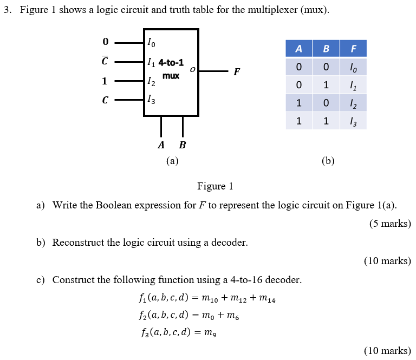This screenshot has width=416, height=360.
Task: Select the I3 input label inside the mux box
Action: point(152,99)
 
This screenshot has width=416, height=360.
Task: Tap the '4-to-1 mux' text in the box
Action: point(171,69)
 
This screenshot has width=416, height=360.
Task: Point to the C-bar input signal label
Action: point(105,61)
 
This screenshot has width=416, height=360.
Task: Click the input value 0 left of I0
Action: point(105,42)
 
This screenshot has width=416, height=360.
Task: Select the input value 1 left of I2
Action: point(105,81)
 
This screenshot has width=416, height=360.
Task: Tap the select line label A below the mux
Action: point(161,145)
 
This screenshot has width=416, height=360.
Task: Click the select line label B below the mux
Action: point(183,145)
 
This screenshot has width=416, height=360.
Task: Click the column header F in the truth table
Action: point(353,49)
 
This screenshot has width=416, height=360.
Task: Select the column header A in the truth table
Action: point(298,49)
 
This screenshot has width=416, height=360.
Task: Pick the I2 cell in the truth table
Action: point(353,103)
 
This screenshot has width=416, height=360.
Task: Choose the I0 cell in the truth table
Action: point(353,67)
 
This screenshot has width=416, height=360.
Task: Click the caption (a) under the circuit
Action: point(172,160)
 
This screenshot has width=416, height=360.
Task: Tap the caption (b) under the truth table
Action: point(328,160)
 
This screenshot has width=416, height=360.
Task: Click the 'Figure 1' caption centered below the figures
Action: point(215,187)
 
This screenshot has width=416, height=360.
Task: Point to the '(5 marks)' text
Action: point(390,223)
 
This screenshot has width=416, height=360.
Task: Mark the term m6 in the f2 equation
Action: point(231,316)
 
